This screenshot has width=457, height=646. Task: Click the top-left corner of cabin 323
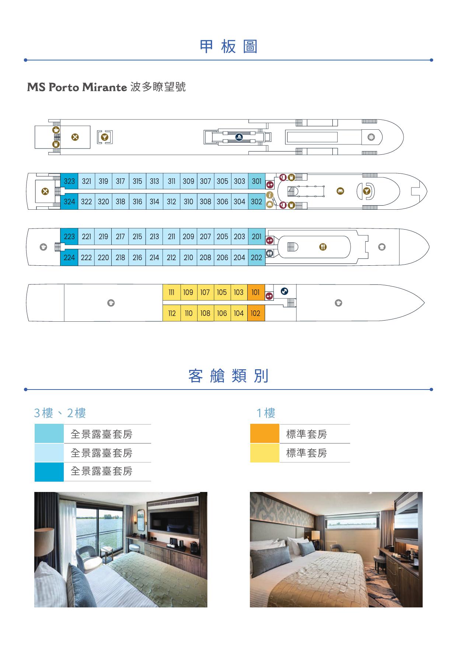[60, 173]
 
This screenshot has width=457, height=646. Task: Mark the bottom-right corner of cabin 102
[265, 321]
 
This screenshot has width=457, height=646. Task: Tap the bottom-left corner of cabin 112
[163, 321]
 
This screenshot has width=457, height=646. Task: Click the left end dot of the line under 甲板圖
[25, 60]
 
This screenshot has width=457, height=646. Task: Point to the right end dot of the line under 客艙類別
[431, 389]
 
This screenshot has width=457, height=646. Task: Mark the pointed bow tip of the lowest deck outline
[425, 303]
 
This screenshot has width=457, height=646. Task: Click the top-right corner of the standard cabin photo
[423, 492]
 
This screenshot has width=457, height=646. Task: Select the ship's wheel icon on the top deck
[371, 137]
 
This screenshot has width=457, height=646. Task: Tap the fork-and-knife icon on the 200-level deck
[323, 247]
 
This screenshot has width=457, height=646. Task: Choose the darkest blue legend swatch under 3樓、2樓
[49, 472]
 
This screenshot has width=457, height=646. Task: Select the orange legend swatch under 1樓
[265, 433]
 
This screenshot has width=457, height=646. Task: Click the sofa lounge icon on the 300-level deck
[340, 191]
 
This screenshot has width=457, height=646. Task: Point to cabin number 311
[171, 181]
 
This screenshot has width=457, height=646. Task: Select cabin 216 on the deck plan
[137, 258]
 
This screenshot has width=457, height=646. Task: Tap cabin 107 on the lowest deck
[205, 293]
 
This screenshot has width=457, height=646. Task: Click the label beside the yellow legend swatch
[307, 453]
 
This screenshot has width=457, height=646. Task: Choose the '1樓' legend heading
[266, 413]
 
